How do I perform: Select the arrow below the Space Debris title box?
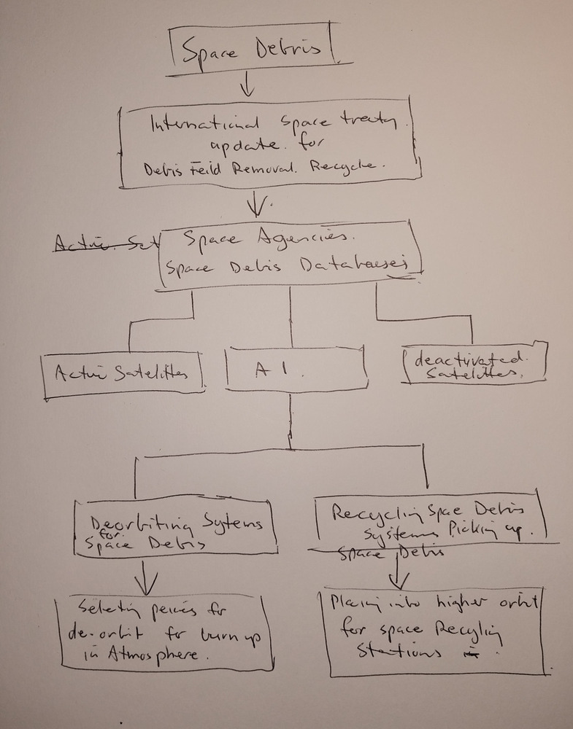247,87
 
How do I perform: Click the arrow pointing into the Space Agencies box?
255,205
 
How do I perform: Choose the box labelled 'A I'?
296,369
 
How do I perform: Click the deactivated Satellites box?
474,362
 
